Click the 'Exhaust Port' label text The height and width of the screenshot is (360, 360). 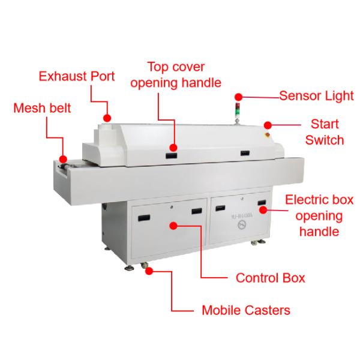pyautogui.click(x=76, y=77)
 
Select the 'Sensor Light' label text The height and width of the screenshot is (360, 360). pyautogui.click(x=316, y=95)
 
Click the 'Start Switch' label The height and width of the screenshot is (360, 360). pyautogui.click(x=325, y=132)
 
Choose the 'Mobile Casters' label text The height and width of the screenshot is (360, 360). pyautogui.click(x=245, y=310)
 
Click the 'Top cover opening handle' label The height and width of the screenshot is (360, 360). pyautogui.click(x=176, y=74)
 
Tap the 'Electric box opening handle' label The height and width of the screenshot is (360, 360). pyautogui.click(x=319, y=215)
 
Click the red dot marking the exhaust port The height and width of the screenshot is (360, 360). pyautogui.click(x=107, y=118)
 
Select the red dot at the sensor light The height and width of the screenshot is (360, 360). pyautogui.click(x=238, y=96)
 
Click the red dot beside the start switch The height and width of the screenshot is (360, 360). pyautogui.click(x=268, y=125)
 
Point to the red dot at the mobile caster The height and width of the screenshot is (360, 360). pyautogui.click(x=148, y=271)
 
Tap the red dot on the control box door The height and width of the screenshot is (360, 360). pyautogui.click(x=173, y=226)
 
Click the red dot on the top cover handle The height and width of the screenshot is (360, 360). pyautogui.click(x=174, y=148)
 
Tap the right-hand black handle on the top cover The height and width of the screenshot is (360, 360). pyautogui.click(x=245, y=154)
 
